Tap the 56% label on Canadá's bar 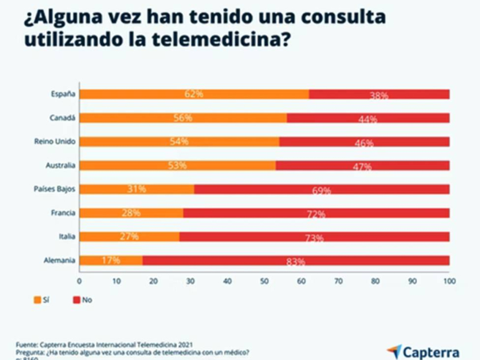pyautogui.click(x=184, y=118)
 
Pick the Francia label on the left pyautogui.click(x=64, y=212)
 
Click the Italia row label pyautogui.click(x=67, y=236)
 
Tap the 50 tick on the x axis pyautogui.click(x=265, y=280)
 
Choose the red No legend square pyautogui.click(x=76, y=299)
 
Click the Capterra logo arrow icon pyautogui.click(x=394, y=350)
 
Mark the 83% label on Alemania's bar pyautogui.click(x=296, y=262)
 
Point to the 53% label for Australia pyautogui.click(x=178, y=166)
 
